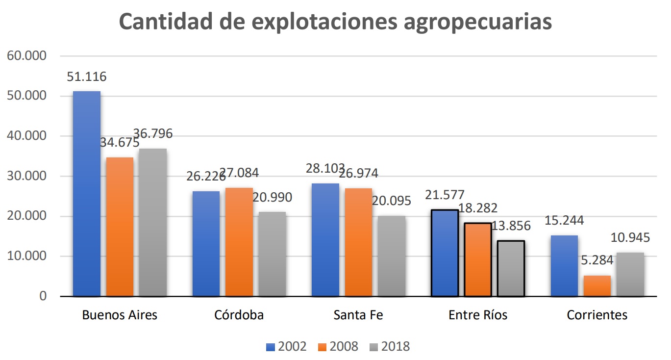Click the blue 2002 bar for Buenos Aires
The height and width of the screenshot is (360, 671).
tap(87, 194)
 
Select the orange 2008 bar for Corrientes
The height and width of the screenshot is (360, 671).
tap(597, 286)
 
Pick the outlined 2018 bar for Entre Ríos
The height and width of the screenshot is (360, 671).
tap(511, 268)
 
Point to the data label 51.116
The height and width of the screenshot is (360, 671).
tap(87, 77)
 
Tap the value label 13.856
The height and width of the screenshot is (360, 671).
tap(511, 226)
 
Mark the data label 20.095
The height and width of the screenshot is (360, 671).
tap(391, 201)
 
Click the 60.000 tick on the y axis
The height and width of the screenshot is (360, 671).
tap(27, 56)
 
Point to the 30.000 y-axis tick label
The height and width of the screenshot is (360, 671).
tap(27, 176)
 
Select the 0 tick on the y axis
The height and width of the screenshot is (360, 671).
tap(43, 296)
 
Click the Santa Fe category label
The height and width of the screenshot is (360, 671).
tap(358, 315)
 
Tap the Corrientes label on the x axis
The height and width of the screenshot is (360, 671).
tap(597, 315)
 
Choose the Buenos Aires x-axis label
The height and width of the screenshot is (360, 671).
tap(120, 315)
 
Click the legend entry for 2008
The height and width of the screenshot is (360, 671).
tap(337, 347)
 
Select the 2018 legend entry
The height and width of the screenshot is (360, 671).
tap(389, 347)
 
